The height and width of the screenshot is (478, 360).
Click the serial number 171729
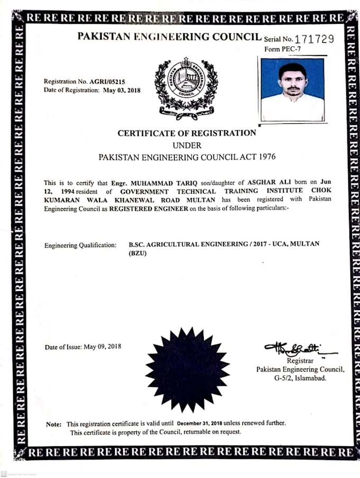316,39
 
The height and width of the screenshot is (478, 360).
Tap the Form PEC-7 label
280,49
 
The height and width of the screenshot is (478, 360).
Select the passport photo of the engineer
292,89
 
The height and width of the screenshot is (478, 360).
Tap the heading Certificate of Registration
187,133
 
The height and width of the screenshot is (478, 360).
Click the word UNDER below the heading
187,145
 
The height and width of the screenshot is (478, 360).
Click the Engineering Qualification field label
80,246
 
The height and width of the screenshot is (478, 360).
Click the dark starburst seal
187,369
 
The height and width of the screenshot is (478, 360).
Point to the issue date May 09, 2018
102,347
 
